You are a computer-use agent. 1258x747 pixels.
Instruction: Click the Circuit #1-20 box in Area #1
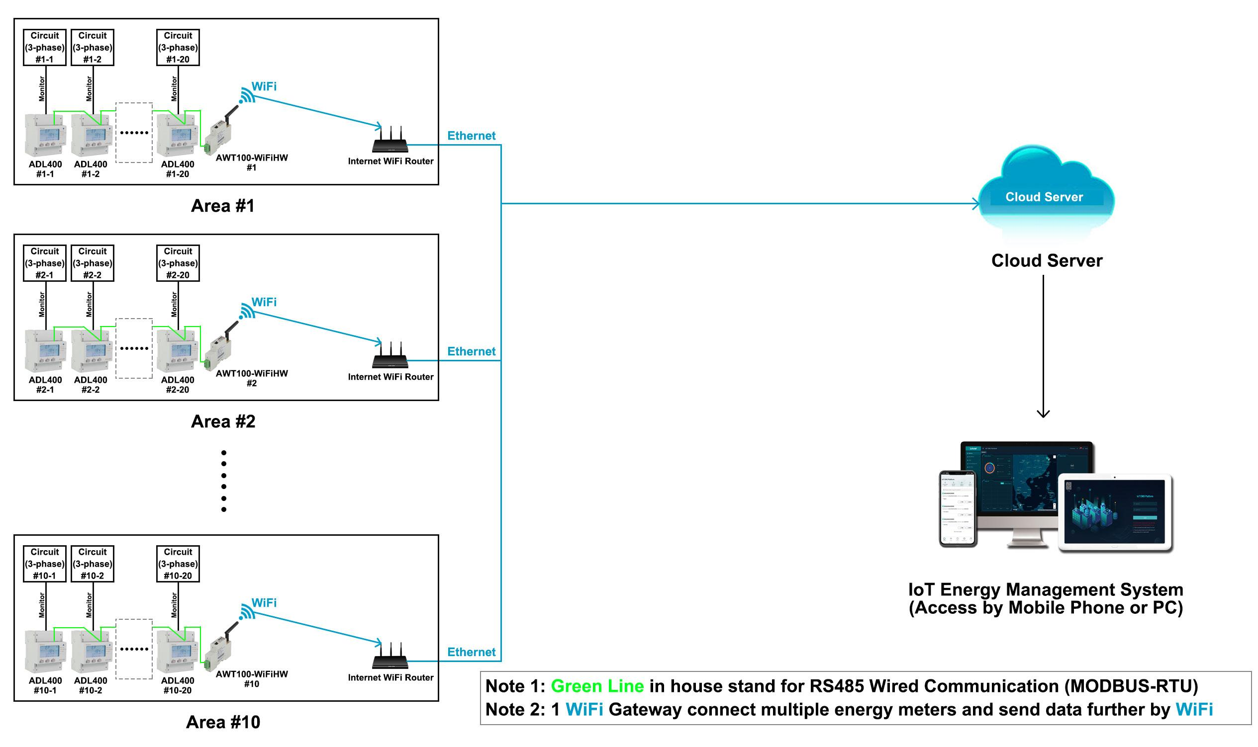178,47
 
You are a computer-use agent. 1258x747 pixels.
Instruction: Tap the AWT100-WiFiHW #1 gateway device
219,133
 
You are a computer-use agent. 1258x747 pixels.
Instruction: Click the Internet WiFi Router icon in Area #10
390,656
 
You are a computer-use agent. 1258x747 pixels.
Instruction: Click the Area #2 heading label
223,421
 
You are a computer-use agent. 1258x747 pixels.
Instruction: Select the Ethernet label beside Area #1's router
471,136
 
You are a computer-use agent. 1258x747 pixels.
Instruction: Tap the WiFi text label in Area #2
264,302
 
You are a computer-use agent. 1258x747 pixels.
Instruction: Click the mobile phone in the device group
957,508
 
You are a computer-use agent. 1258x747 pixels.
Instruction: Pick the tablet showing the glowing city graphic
1115,513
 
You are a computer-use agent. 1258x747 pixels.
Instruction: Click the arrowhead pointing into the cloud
976,204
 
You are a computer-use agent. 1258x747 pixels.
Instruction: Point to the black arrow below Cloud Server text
1043,347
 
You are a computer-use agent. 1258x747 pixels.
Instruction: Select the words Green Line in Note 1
597,686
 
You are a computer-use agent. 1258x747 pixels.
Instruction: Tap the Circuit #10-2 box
92,564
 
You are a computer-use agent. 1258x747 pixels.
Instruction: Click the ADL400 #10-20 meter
176,651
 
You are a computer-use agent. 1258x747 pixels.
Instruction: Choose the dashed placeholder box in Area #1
134,133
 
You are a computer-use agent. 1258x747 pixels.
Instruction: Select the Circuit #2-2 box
92,263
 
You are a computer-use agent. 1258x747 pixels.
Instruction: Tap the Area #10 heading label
223,722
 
